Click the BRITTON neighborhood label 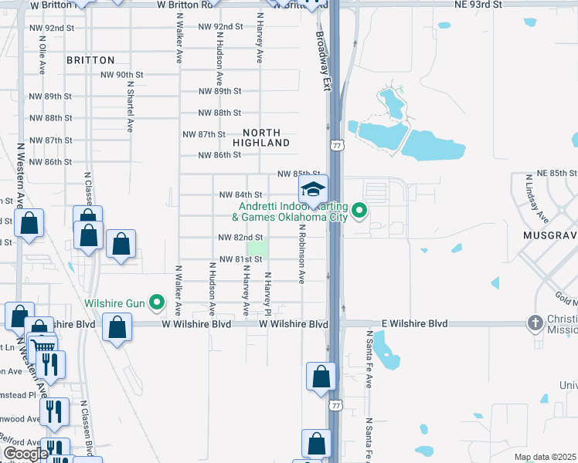point(90,59)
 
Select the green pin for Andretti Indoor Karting point(359,210)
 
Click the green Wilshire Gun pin point(158,302)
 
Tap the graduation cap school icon point(313,188)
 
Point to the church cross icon point(535,322)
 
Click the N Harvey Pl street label point(267,293)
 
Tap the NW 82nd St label point(241,238)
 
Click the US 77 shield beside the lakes point(335,145)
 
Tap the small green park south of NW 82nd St point(260,249)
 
